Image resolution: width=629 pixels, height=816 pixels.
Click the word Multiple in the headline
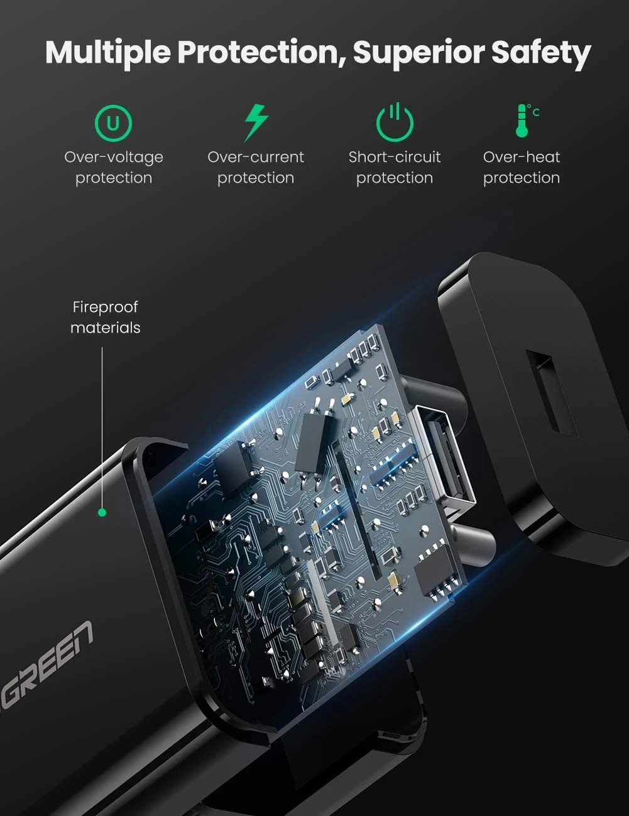point(108,53)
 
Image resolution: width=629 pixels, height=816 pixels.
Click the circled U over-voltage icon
point(114,123)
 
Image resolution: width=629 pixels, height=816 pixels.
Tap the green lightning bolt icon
point(256,123)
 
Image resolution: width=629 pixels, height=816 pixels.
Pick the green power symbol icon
point(395,122)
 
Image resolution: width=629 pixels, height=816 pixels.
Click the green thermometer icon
point(526,121)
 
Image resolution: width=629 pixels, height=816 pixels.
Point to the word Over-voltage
point(114,158)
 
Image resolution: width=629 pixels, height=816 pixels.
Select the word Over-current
point(256,157)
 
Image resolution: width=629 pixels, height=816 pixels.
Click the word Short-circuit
point(395,157)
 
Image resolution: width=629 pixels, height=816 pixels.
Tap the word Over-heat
point(522,157)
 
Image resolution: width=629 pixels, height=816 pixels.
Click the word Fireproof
point(105,308)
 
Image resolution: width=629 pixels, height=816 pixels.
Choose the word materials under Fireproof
point(105,328)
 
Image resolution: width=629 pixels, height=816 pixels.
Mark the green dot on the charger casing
point(102,512)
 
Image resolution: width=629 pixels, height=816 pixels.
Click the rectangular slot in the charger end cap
point(552,394)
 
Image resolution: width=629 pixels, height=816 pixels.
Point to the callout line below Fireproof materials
point(102,427)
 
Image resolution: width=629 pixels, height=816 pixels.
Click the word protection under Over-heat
point(522,178)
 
